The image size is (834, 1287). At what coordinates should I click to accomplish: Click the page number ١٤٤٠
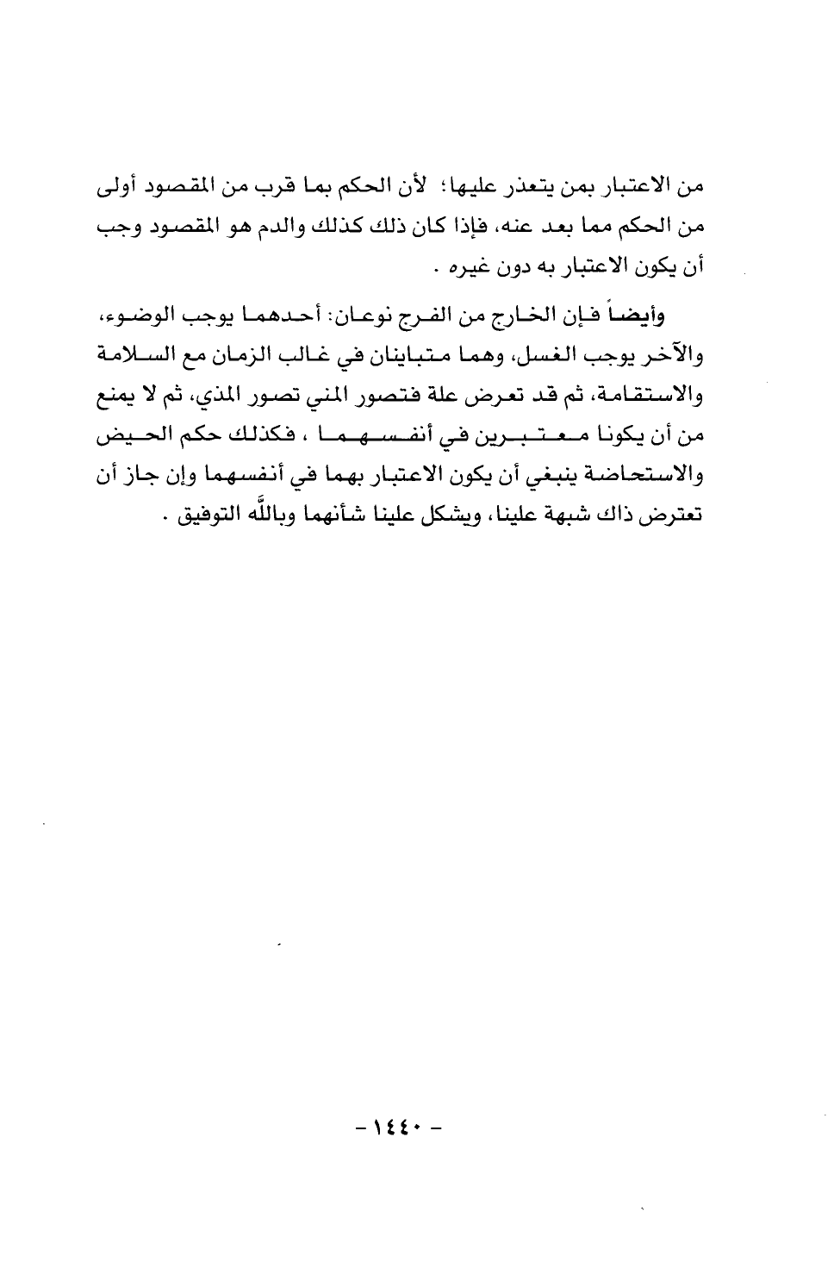pyautogui.click(x=400, y=1127)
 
